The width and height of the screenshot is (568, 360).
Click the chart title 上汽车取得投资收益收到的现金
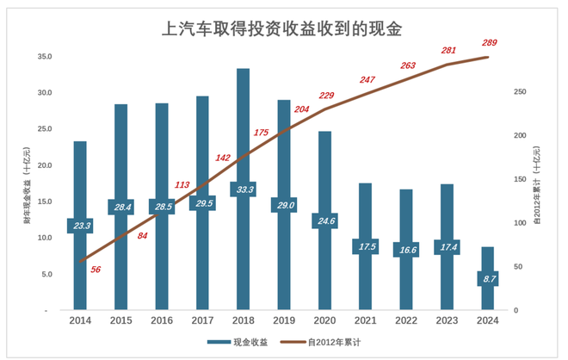[284, 29]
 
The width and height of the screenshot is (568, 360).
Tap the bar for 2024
[487, 297]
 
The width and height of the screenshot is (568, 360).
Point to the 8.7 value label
[487, 279]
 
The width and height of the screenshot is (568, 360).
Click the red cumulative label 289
[490, 43]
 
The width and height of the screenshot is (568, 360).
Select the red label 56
[96, 270]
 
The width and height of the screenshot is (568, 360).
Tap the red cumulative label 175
[262, 133]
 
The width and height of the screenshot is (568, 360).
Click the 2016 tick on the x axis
[162, 321]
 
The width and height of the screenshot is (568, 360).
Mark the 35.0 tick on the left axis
[46, 56]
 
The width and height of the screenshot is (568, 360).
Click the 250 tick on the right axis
[518, 92]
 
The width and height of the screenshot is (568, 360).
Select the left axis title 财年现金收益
[28, 183]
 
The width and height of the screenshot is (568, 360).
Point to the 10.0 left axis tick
[46, 238]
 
